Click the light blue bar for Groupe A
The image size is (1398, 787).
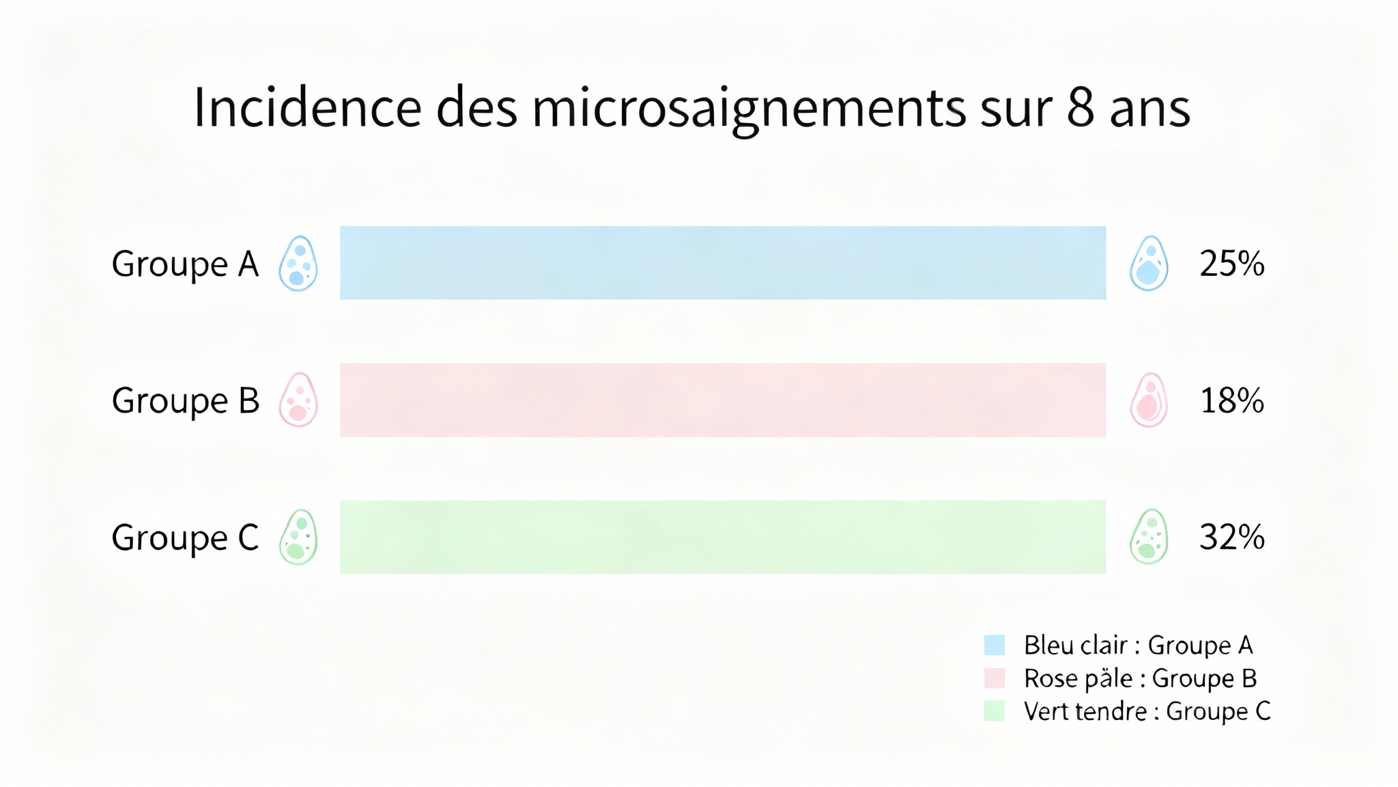(722, 263)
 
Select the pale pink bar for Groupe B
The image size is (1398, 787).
(722, 400)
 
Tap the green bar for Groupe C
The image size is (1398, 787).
(722, 537)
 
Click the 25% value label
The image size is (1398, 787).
(1231, 264)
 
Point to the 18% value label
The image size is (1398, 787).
(1231, 400)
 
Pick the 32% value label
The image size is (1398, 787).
(1231, 537)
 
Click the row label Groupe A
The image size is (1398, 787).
(185, 264)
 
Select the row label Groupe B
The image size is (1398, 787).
(185, 401)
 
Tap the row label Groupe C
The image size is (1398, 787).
(185, 538)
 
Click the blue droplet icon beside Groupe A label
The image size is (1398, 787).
(298, 264)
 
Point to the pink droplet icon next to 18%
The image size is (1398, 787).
(1149, 400)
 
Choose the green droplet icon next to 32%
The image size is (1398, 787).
(1149, 537)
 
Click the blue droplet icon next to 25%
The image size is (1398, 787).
(1149, 264)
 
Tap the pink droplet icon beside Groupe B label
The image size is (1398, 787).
(298, 400)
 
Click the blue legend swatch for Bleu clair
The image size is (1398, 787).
(995, 645)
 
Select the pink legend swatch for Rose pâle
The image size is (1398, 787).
(995, 678)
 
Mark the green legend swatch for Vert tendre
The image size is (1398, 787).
(995, 710)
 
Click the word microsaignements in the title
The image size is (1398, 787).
(749, 109)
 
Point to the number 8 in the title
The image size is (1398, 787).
(1080, 107)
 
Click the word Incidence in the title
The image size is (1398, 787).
(308, 107)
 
